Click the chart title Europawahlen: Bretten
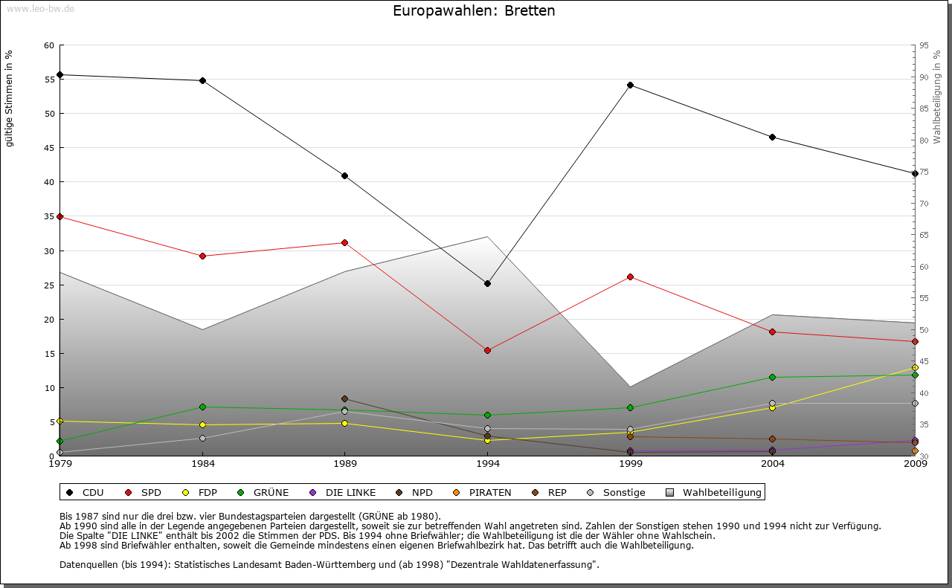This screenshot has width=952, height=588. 474,11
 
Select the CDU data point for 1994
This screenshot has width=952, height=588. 487,283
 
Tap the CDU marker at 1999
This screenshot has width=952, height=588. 630,85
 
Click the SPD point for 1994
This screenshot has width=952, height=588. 487,350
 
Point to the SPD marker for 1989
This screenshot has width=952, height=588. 344,242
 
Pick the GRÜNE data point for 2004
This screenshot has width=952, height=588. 773,377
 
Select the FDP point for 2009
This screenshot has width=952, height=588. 915,367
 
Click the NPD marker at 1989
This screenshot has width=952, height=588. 344,398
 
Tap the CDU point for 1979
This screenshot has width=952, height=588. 59,74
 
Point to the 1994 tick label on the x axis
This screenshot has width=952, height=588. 487,464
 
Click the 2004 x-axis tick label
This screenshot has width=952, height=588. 773,464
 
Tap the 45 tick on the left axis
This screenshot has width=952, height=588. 49,148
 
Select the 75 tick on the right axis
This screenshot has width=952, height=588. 924,172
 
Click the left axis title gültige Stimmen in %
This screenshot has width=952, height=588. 10,98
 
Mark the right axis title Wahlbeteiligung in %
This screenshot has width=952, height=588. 937,97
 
